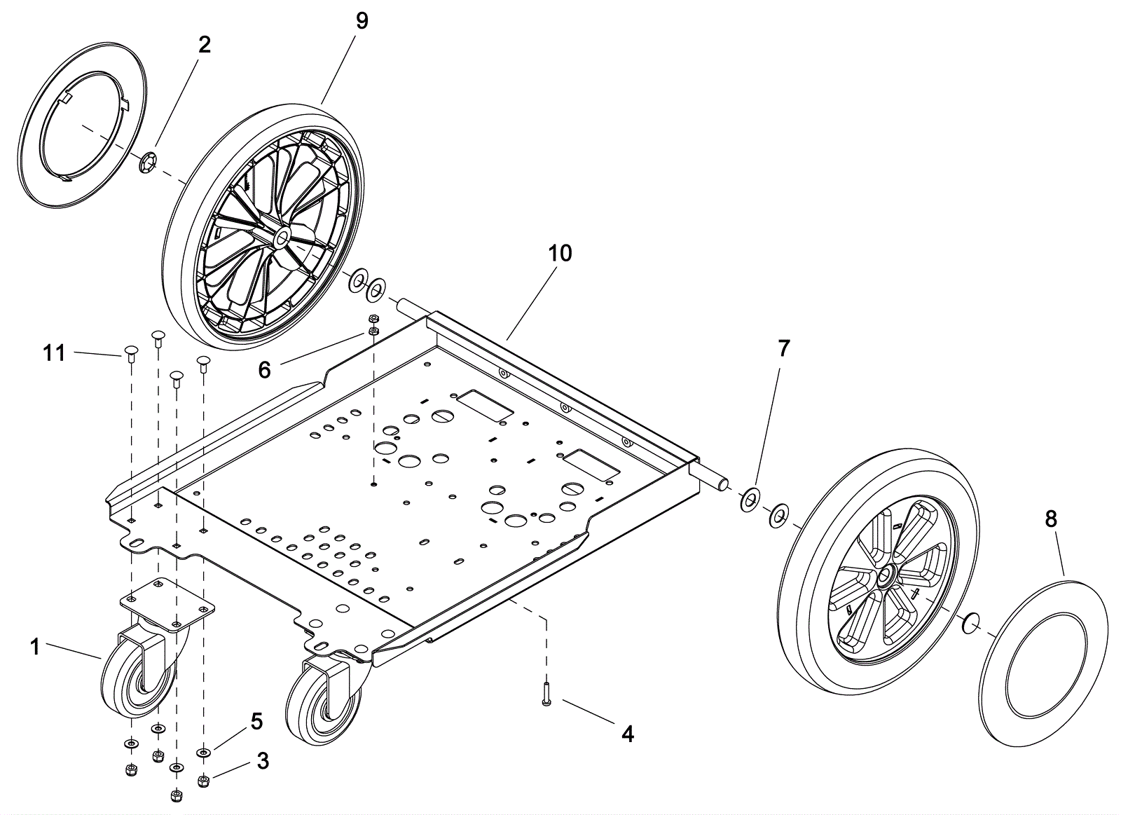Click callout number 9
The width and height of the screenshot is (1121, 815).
pos(362,20)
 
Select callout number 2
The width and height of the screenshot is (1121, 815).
pos(204,44)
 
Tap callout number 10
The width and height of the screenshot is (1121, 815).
pos(560,253)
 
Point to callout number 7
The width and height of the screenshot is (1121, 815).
pos(783,348)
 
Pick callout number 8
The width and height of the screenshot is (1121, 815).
pos(1050,519)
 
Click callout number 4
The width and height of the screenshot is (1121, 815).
pos(627,734)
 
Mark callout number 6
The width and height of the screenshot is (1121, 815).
pos(264,369)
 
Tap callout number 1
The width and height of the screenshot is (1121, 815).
pos(35,646)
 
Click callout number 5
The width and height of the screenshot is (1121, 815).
pos(256,720)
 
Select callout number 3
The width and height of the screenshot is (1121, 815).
pos(263,760)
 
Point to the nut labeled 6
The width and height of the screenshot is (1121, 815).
pos(373,321)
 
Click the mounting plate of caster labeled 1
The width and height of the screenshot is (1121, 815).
pos(166,603)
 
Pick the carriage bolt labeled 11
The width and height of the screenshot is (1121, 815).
pos(130,352)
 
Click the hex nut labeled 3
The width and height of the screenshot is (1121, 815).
pos(203,780)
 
